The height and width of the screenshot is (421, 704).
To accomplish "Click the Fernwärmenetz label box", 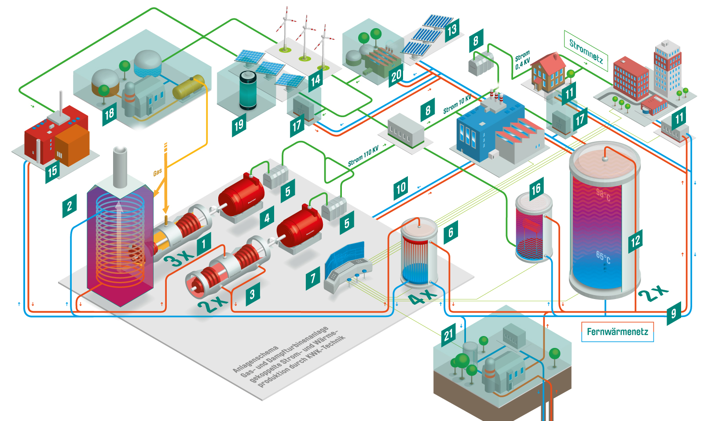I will pos(617,332).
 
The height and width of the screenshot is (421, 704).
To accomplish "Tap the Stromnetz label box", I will pos(586,51).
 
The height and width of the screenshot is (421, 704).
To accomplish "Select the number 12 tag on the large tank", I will pos(635,241).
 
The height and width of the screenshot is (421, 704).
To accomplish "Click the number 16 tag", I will pos(535,189).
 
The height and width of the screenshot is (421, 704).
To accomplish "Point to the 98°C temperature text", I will pos(603,194).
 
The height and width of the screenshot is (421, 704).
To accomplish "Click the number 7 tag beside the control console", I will pos(313,278).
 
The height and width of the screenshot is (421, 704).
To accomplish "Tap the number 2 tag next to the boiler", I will pos(70,206).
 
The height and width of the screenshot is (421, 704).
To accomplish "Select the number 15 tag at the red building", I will pos(52,171).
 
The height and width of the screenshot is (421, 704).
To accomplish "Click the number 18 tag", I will pos(109,114).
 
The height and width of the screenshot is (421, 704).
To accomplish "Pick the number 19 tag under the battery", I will pos(238,126).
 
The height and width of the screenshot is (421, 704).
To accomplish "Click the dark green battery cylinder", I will pos(248,90).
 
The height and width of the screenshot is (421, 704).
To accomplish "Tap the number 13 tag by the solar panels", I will pos(452,30).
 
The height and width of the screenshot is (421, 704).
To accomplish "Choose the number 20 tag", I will pos(396,76).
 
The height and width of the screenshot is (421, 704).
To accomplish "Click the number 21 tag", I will pos(448,335).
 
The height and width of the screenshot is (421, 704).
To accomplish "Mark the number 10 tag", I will pos(400,188).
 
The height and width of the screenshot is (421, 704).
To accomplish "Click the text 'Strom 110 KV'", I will pos(363,156).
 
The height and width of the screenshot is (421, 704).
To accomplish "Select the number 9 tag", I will pos(674,313).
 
